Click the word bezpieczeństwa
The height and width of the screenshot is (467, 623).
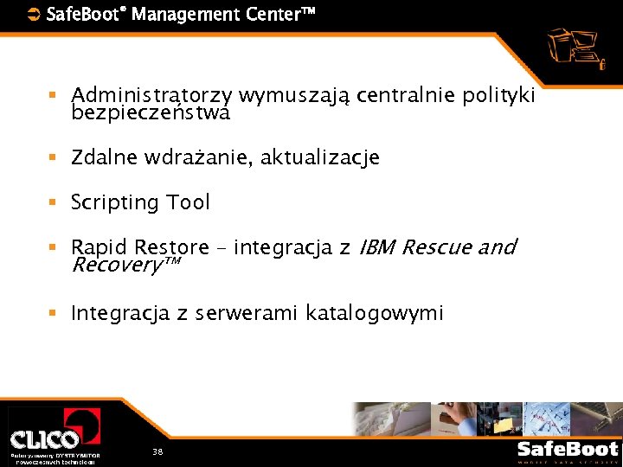click(151, 112)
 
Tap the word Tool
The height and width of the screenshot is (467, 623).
click(189, 202)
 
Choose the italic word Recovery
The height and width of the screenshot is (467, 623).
click(116, 265)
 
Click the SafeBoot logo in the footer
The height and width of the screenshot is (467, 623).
click(568, 450)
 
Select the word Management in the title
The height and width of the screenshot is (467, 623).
click(181, 14)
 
